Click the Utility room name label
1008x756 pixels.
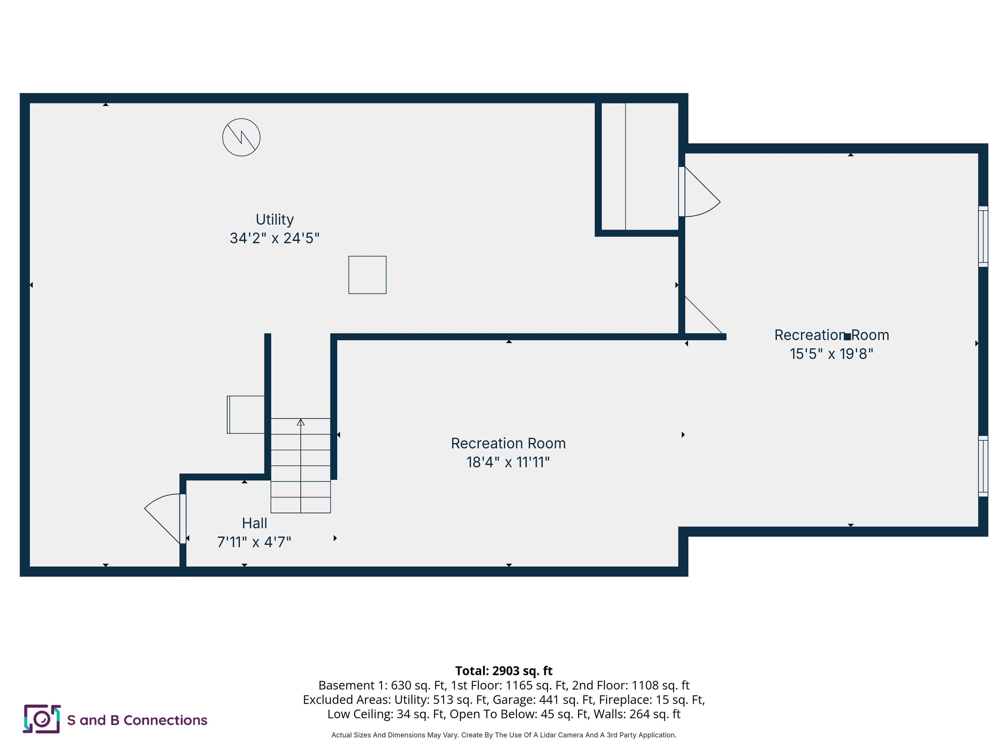tap(274, 219)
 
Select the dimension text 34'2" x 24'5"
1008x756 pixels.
tap(274, 238)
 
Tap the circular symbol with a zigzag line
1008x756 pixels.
tap(241, 137)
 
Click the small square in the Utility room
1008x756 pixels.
tap(367, 275)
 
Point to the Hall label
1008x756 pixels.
tap(254, 523)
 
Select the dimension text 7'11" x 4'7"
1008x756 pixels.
tap(254, 542)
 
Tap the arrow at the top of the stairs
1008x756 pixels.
tap(300, 422)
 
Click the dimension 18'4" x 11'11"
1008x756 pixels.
tap(508, 462)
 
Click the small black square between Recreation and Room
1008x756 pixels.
tap(847, 337)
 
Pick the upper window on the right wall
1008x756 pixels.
tap(983, 237)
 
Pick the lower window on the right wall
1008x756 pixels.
tap(983, 466)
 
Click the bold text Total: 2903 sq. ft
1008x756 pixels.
tap(504, 671)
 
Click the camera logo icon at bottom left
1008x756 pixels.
tap(41, 719)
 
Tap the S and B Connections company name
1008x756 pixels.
tap(137, 720)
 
